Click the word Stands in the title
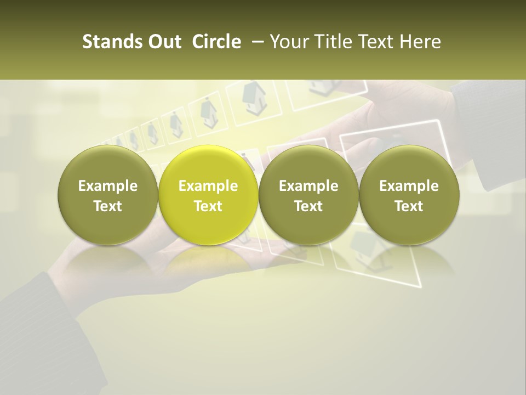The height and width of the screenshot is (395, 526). [x=107, y=42]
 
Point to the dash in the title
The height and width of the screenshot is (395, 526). [x=256, y=42]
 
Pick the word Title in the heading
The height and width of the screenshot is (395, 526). [x=328, y=42]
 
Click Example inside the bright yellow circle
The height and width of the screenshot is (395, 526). [x=208, y=186]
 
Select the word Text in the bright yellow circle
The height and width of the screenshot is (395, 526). [x=208, y=206]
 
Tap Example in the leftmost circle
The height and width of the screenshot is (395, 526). [x=108, y=186]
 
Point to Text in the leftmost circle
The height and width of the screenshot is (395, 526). [x=108, y=206]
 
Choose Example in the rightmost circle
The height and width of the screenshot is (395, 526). [x=409, y=186]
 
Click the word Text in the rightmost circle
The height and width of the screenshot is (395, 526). [x=409, y=206]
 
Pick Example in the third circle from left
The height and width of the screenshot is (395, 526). [x=308, y=186]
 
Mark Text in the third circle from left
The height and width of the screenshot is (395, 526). [x=308, y=206]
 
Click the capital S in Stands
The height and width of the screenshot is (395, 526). [x=87, y=42]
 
